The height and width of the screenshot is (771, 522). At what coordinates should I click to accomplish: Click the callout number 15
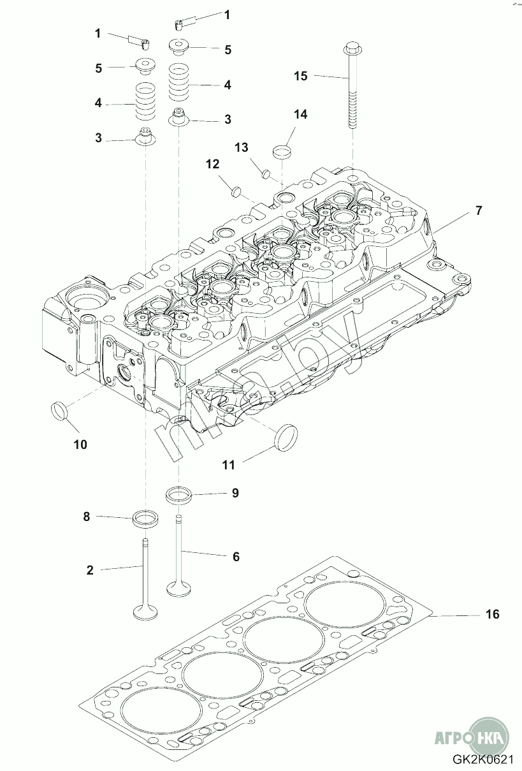click(300, 76)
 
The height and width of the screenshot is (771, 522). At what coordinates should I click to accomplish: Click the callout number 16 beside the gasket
click(492, 614)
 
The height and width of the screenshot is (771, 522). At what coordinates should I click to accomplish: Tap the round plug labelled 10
click(59, 410)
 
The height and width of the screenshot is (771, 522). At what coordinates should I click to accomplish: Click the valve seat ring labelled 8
click(145, 518)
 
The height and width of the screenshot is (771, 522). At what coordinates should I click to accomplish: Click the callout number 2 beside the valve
click(90, 570)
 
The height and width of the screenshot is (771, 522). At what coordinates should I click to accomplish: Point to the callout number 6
click(236, 557)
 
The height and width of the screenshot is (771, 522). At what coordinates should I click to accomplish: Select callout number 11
click(229, 465)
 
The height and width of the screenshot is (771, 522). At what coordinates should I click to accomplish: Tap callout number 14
click(300, 114)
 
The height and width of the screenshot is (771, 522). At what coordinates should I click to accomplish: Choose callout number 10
click(80, 444)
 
